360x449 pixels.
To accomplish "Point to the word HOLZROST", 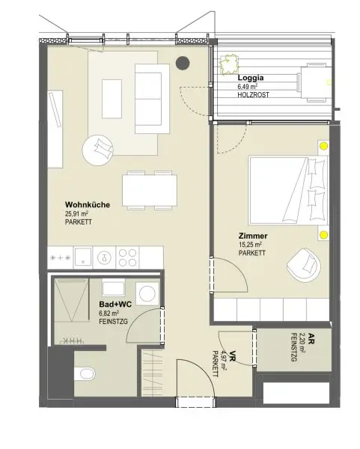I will [253, 95].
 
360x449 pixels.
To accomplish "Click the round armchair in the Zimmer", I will [305, 263].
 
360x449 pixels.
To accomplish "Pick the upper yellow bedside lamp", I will [323, 147].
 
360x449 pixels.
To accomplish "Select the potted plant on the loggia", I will [225, 66].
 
